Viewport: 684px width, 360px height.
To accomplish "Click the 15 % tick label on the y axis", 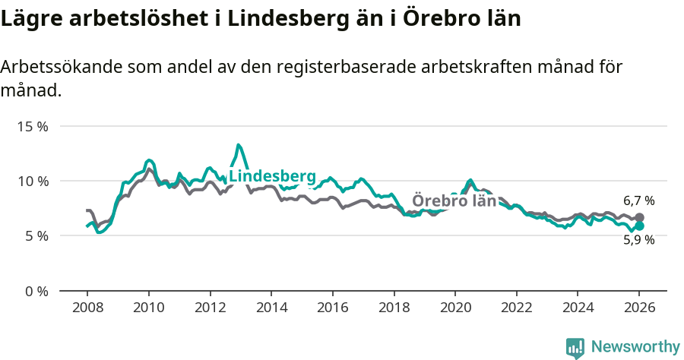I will tap(32, 126).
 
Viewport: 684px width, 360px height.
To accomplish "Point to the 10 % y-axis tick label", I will tap(32, 181).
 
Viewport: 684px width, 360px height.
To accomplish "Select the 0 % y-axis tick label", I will tap(35, 291).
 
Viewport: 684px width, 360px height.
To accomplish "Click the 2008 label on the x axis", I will tap(87, 308).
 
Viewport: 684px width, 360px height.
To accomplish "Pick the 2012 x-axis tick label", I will tap(210, 308).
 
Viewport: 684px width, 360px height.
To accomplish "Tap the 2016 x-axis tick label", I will tap(332, 308).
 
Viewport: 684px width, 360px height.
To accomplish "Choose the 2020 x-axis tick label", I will tap(455, 308).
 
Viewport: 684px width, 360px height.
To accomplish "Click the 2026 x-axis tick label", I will tap(639, 308).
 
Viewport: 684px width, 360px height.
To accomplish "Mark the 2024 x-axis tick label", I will tap(578, 308).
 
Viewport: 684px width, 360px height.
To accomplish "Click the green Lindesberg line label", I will tap(272, 176).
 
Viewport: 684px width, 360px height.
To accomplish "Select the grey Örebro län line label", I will tap(454, 201).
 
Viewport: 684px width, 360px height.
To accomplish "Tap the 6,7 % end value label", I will tap(638, 201).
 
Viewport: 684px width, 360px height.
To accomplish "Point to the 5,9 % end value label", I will tap(638, 240).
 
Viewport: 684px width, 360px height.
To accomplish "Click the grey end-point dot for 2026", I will tap(640, 217).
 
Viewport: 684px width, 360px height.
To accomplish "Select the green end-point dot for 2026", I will tap(640, 226).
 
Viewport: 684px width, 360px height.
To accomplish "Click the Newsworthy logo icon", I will tap(575, 348).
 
